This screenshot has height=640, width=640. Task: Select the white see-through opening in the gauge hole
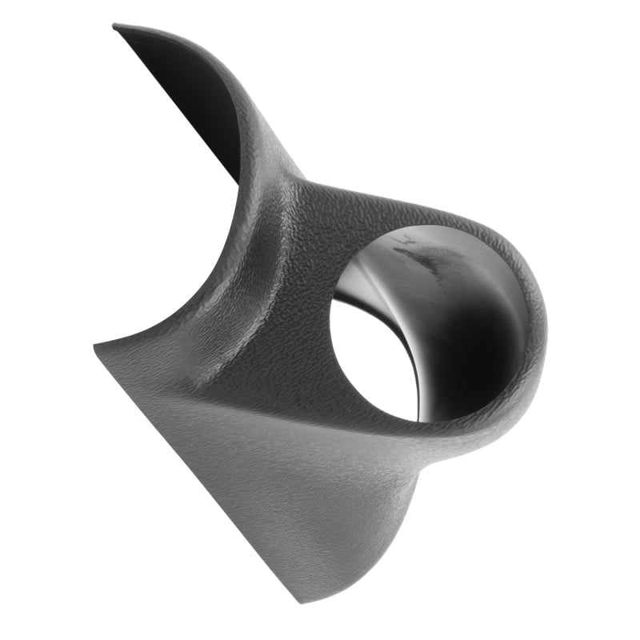(x=370, y=360)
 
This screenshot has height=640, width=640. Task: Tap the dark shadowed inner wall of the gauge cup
(x=472, y=336)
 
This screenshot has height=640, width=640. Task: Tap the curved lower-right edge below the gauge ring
(x=448, y=496)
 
